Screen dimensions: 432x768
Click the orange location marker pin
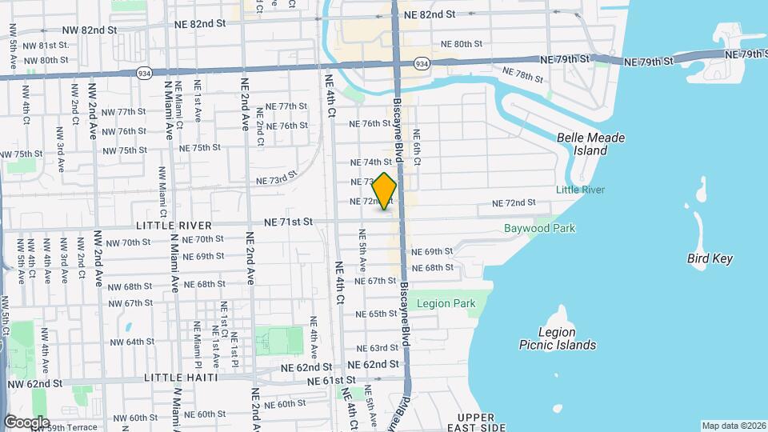pos(385,191)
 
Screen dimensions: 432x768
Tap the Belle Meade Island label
pos(590,144)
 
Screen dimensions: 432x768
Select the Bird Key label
pos(710,258)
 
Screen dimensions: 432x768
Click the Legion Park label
pos(446,303)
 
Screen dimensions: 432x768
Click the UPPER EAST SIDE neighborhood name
pos(482,422)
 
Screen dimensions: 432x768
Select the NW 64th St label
pos(128,342)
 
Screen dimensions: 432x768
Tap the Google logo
pos(26,422)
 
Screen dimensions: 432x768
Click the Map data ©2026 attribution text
pos(733,426)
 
